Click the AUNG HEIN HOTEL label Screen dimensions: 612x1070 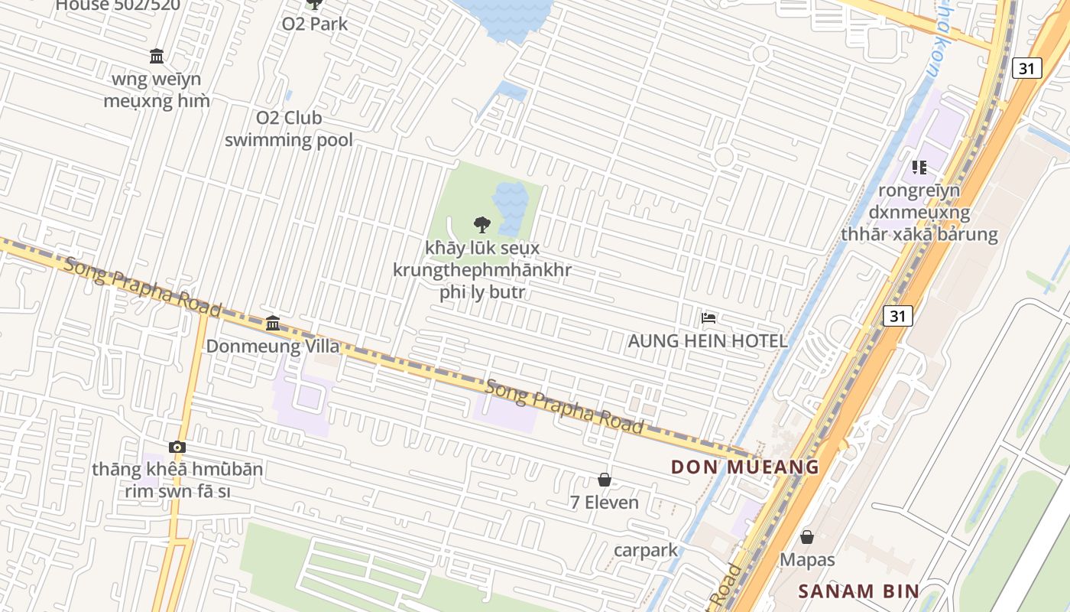pos(707,341)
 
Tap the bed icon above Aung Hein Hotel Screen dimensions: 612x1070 pos(708,317)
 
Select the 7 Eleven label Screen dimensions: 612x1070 pos(604,503)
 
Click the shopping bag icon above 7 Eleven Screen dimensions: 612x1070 pos(604,480)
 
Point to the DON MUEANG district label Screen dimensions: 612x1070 pos(744,467)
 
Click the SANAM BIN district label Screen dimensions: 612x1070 pos(858,591)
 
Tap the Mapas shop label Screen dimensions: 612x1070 pos(807,560)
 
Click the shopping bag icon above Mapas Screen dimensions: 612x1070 pos(807,537)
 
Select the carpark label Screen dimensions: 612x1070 pos(646,550)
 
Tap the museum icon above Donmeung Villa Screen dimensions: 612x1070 pos(273,323)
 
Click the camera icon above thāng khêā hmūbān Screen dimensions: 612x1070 pos(177,447)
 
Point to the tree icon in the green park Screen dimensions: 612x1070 pos(481,224)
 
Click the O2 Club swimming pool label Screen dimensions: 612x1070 pos(289,129)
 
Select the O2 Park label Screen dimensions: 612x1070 pos(315,24)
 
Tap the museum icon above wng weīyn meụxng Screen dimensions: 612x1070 pos(157,56)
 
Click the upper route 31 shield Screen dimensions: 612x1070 pos(1026,68)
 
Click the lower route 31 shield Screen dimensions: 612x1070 pos(897,315)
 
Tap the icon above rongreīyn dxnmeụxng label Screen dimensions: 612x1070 pos(919,167)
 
